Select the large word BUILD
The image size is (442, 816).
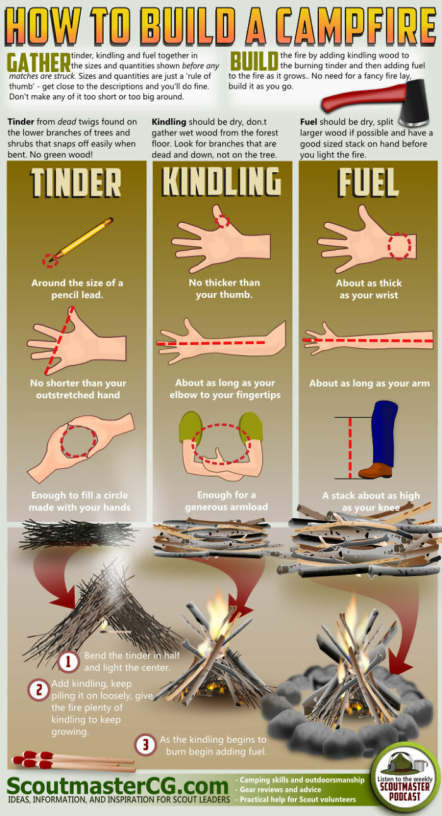point(254,62)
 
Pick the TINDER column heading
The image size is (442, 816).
point(76,182)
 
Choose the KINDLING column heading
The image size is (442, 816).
point(222,182)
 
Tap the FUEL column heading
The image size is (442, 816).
point(368,182)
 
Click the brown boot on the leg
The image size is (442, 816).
point(376,470)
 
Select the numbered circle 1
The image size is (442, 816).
point(69,662)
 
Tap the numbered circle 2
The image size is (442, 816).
point(39,690)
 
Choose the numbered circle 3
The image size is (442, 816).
point(146,745)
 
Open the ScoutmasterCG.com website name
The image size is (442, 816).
point(117,786)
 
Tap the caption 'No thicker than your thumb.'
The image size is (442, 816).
point(224,288)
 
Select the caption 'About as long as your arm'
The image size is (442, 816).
point(369,383)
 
